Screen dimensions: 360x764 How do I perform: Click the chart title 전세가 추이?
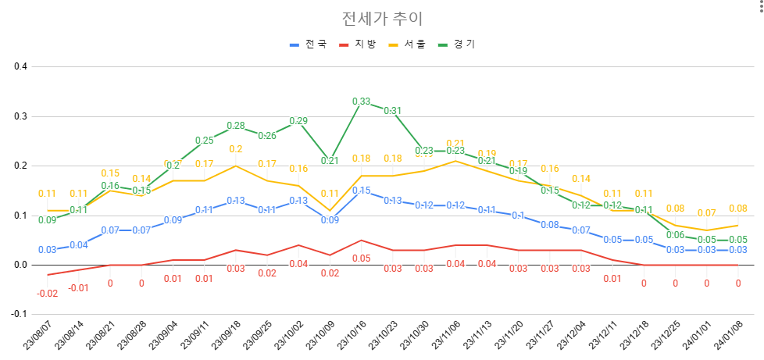382,19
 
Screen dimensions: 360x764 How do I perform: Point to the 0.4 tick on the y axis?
20,66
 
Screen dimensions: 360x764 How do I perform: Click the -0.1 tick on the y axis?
19,314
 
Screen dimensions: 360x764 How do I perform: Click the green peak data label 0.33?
361,102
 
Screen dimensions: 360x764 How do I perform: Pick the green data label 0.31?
392,111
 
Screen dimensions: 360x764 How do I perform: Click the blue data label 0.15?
361,191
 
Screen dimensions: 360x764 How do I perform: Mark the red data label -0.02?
47,293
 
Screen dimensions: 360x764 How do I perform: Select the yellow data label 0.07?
706,213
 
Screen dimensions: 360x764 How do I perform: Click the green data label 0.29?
298,121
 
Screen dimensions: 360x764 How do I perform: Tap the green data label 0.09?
47,220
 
